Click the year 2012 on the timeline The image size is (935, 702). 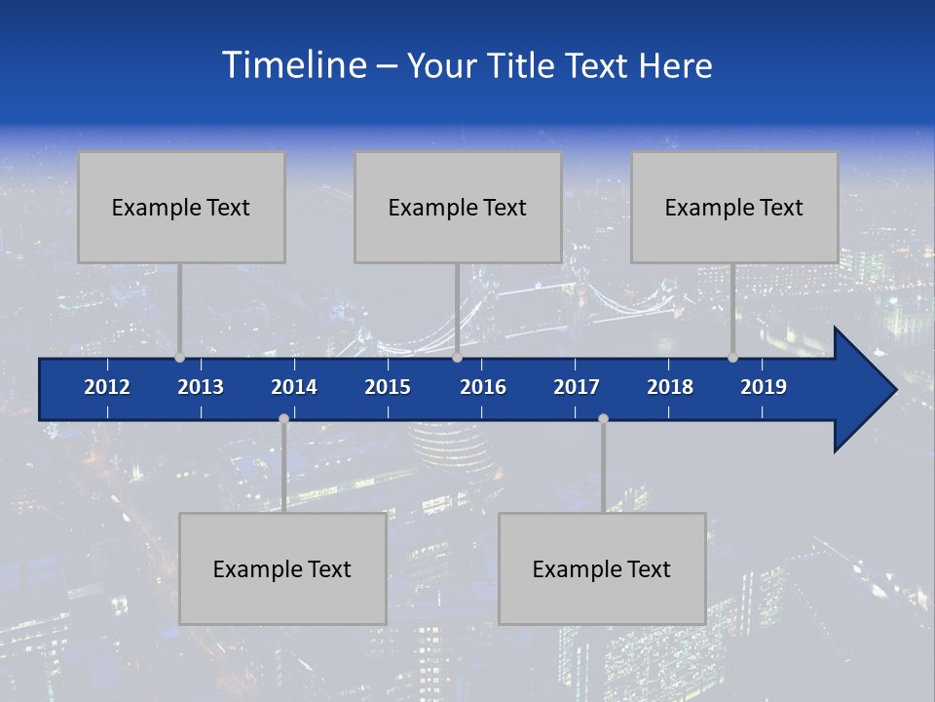[x=107, y=387]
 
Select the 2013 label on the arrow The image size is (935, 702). [x=201, y=387]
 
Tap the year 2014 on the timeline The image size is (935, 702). [x=294, y=387]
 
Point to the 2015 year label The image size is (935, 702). [x=388, y=387]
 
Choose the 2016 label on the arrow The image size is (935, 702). [x=483, y=387]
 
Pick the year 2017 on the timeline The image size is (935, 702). [x=577, y=387]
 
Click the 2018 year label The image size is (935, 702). [x=670, y=387]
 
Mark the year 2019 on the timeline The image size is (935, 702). [x=764, y=387]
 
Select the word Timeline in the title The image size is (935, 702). [x=293, y=65]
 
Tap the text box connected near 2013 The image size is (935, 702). [x=181, y=207]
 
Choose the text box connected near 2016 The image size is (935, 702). [x=458, y=207]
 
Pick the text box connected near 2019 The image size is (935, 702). [x=734, y=207]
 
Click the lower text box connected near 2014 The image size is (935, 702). [x=282, y=568]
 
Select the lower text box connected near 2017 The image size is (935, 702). [x=602, y=568]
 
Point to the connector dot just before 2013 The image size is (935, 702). [x=179, y=358]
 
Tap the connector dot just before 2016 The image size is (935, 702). [x=457, y=358]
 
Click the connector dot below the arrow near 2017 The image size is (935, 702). [x=603, y=418]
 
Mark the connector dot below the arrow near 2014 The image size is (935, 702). [x=283, y=418]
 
